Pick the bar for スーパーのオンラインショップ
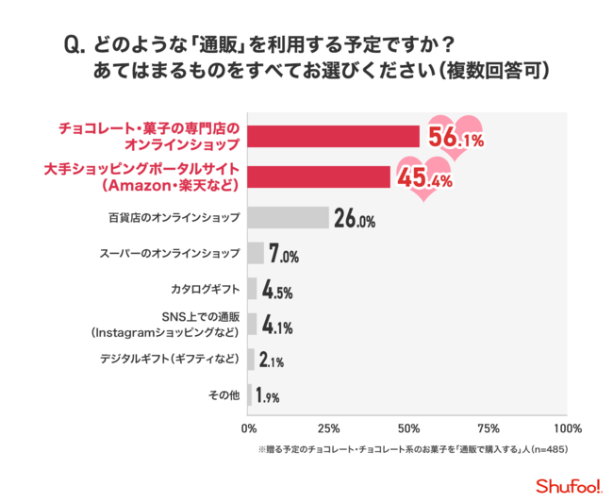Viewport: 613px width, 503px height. [x=256, y=254]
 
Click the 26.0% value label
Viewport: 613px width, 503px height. [x=355, y=220]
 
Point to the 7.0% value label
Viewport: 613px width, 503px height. [x=284, y=255]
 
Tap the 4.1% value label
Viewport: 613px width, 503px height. [x=276, y=327]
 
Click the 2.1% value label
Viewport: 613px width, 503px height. [x=271, y=360]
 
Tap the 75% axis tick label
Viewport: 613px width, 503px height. [x=489, y=427]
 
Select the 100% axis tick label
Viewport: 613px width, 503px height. [x=568, y=427]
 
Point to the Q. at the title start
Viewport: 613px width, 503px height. [x=75, y=44]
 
